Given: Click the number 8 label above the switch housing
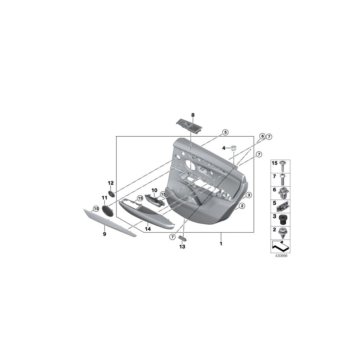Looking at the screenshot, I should (193, 115).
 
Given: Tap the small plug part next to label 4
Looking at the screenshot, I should (233, 147).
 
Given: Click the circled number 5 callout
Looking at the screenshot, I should (225, 132).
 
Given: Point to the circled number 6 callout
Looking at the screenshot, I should (263, 137).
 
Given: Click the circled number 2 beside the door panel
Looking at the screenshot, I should (242, 206).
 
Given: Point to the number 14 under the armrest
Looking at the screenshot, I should (148, 229).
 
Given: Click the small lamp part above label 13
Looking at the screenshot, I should (182, 238).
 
